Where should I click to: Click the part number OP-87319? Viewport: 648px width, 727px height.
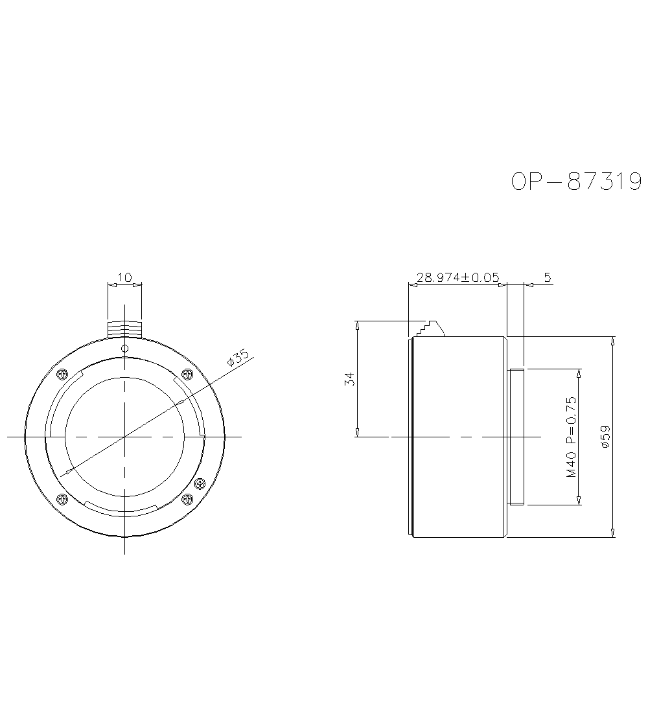tap(576, 182)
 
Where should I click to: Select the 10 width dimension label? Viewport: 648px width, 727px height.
tap(124, 277)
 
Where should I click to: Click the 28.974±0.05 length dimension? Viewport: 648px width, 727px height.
tap(457, 277)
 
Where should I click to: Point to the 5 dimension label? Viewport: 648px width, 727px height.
tap(547, 277)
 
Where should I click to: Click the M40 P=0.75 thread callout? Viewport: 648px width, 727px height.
tap(572, 437)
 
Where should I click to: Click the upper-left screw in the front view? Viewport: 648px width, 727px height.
tap(62, 374)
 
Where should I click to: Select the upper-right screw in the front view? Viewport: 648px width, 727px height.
tap(187, 374)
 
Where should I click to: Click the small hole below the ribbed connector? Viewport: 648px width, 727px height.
tap(124, 349)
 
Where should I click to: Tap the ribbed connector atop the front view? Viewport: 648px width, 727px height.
tap(124, 328)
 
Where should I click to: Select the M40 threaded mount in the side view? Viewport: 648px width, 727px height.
tap(517, 436)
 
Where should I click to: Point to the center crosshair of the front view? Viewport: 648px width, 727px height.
tap(124, 437)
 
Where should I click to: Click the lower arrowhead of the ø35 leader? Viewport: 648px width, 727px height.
tap(62, 473)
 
